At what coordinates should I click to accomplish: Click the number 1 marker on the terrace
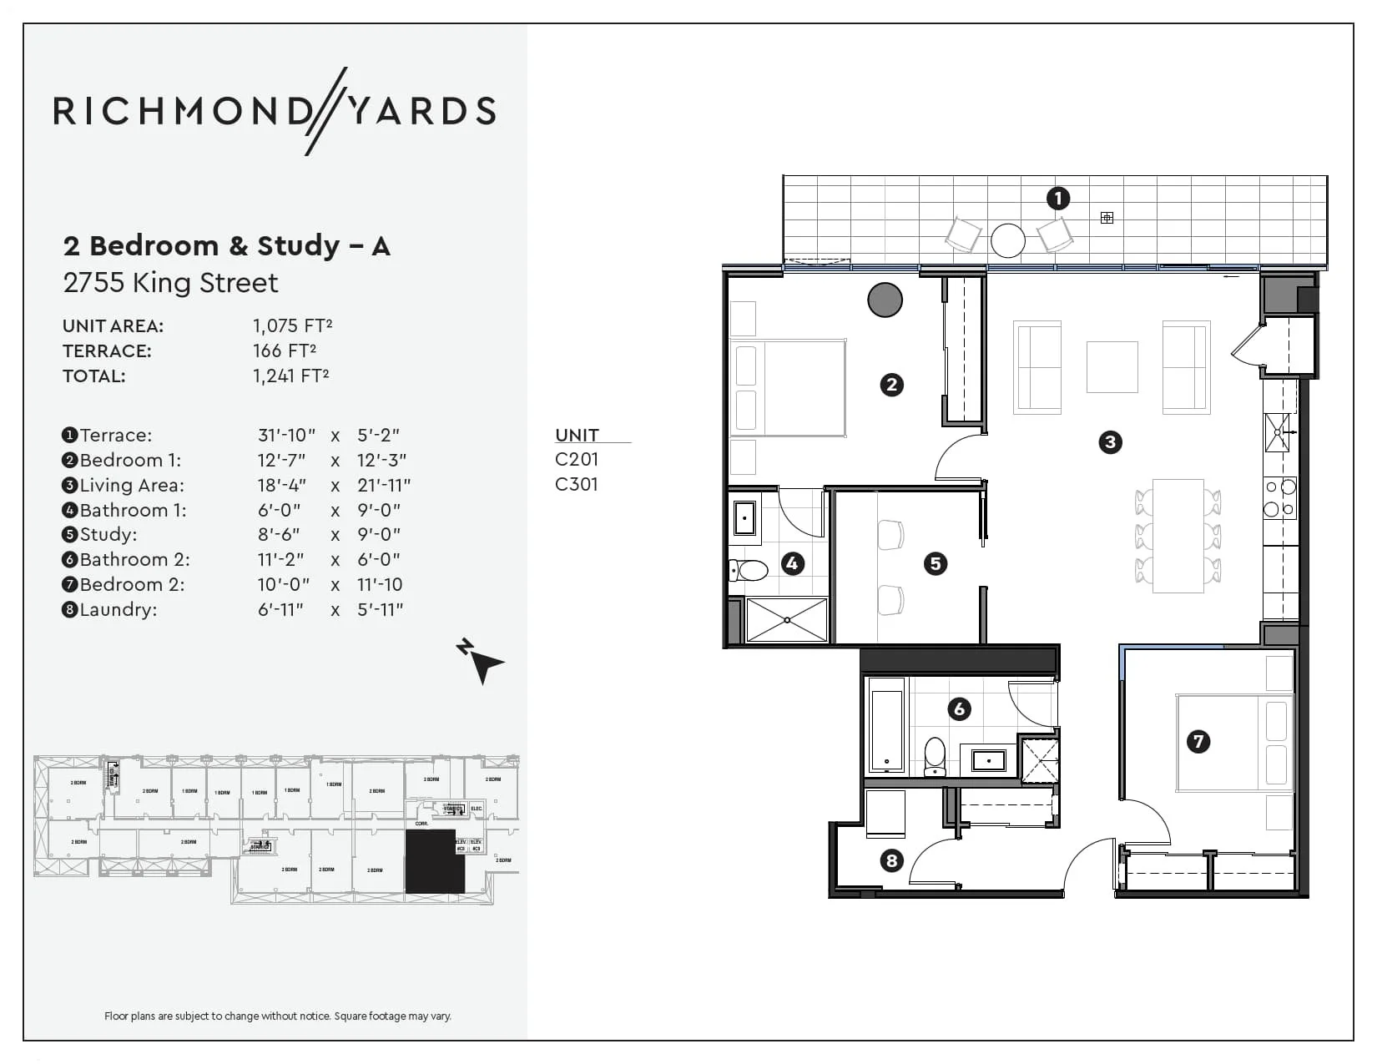click(x=1057, y=199)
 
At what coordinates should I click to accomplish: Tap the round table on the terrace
click(x=1008, y=240)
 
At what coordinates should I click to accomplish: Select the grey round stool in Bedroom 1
click(x=885, y=300)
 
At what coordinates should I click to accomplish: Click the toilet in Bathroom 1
click(x=749, y=571)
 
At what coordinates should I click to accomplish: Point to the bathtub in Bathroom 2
click(x=886, y=725)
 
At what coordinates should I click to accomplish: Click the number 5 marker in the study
click(x=936, y=563)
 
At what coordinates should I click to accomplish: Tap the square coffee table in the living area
click(x=1112, y=366)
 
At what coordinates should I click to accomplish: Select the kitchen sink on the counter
click(x=1277, y=431)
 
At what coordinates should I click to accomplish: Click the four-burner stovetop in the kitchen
click(x=1279, y=497)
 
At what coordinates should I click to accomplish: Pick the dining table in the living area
click(x=1178, y=536)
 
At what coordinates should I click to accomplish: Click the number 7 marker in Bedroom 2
click(x=1198, y=741)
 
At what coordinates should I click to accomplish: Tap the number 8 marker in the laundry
click(x=891, y=860)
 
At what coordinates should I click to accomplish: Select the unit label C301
click(x=576, y=484)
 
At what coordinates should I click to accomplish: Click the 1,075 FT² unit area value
click(x=293, y=325)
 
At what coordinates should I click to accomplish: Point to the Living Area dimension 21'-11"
click(x=384, y=485)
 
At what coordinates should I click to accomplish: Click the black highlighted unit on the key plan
click(x=434, y=861)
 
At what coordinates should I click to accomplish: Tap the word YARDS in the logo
click(x=421, y=111)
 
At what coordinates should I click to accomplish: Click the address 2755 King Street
click(x=171, y=283)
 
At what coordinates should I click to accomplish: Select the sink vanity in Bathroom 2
click(x=988, y=760)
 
